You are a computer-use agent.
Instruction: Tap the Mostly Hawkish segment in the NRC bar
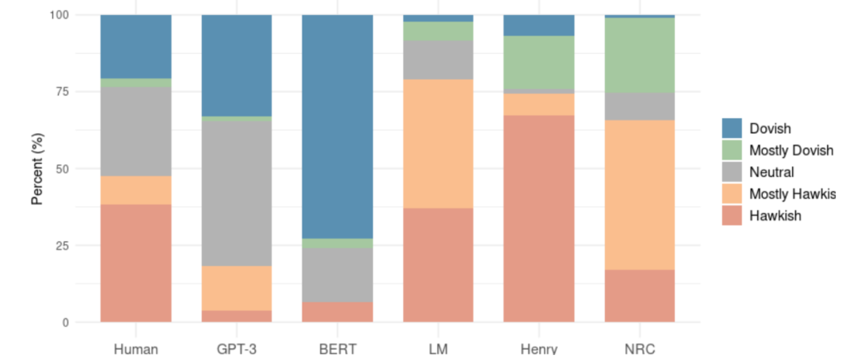point(640,195)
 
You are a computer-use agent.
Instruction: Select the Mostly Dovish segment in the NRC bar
point(640,55)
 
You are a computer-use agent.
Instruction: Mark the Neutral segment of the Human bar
point(135,132)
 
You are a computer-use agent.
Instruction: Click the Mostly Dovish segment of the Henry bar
point(539,62)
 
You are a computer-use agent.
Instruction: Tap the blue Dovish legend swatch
point(731,128)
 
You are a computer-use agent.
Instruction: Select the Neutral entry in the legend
point(772,172)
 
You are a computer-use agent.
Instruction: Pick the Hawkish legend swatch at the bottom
point(731,215)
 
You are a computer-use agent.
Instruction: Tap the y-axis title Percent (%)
point(37,167)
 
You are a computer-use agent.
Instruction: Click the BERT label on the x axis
point(337,349)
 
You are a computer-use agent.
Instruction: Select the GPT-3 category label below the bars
point(237,349)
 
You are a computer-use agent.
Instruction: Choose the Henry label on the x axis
point(539,349)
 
